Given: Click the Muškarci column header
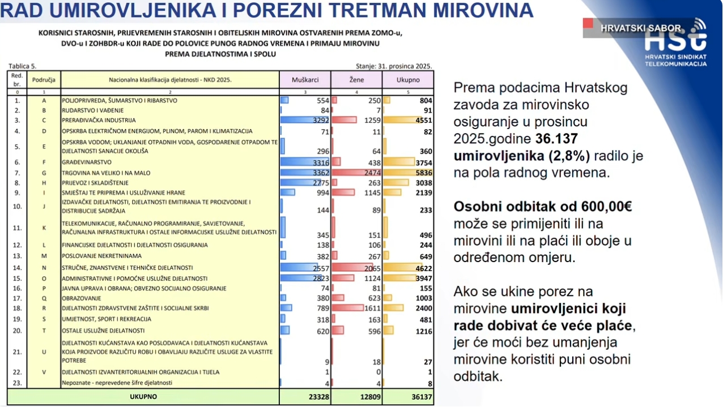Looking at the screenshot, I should tap(305, 80).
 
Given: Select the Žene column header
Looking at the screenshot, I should tap(356, 80).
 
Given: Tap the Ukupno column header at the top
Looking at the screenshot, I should tap(408, 80).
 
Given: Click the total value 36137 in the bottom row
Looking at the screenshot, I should tap(421, 397).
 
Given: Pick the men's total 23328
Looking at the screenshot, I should tap(318, 397).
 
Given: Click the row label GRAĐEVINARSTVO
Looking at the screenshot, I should tap(87, 162).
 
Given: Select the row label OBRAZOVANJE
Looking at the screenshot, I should tap(82, 298).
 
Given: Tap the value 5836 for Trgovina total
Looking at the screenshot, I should tap(423, 173).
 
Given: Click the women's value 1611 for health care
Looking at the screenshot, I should tap(372, 309).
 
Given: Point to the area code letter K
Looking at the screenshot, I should tap(44, 228).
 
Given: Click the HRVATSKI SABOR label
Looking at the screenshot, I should tap(640, 28).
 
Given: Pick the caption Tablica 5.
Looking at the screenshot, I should tap(23, 66).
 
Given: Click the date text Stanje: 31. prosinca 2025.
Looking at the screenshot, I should tap(394, 66).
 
